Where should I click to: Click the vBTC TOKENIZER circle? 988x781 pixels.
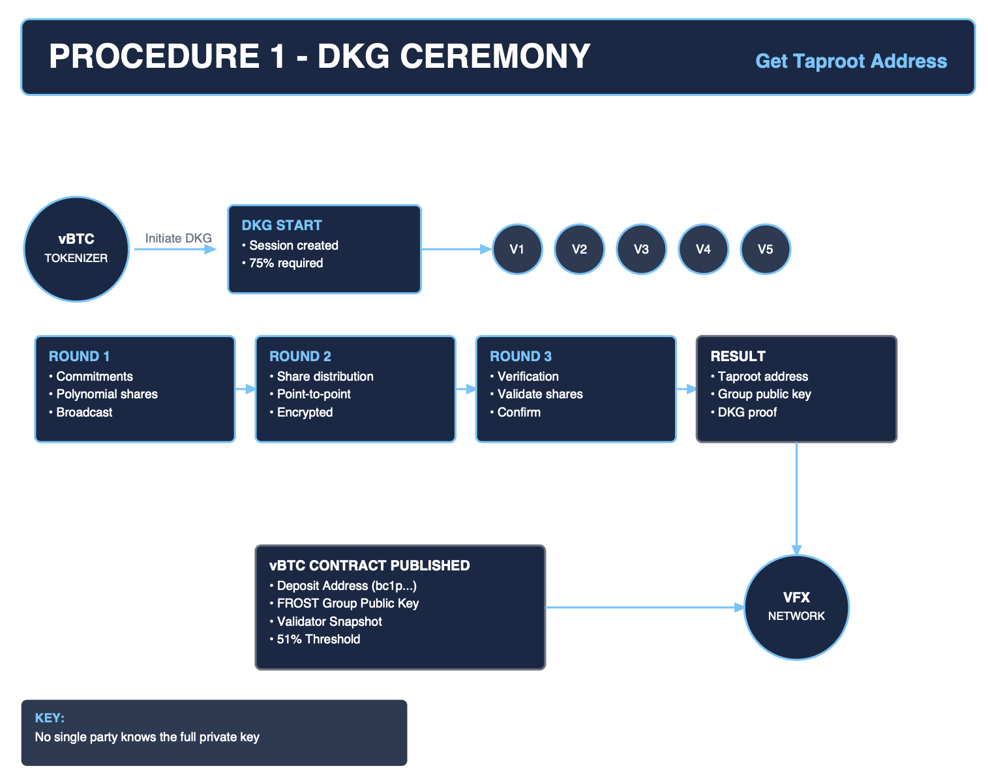point(76,249)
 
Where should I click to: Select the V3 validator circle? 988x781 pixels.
point(641,249)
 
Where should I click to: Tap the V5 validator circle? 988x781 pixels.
point(765,249)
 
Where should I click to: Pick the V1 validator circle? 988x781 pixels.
point(517,249)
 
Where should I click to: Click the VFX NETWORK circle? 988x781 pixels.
point(796,607)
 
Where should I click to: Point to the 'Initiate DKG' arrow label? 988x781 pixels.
point(178,238)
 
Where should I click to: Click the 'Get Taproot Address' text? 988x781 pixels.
point(850,61)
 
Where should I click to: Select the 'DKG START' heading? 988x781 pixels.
point(282,225)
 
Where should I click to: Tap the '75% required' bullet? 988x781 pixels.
point(286,263)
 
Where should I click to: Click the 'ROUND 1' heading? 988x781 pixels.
point(79,356)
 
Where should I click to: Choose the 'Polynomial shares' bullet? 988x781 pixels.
point(107,394)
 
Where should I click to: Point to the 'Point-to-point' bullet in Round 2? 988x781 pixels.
point(314,394)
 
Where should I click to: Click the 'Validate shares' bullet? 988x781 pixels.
point(540,394)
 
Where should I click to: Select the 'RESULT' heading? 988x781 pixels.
point(738,356)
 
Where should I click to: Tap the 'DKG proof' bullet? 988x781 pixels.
point(747,412)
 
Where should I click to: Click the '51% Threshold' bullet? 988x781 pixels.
point(318,639)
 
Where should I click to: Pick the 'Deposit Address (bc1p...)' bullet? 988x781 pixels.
point(346,585)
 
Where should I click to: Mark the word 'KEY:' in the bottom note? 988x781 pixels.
point(50,718)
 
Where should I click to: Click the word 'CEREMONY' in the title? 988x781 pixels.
point(494,56)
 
